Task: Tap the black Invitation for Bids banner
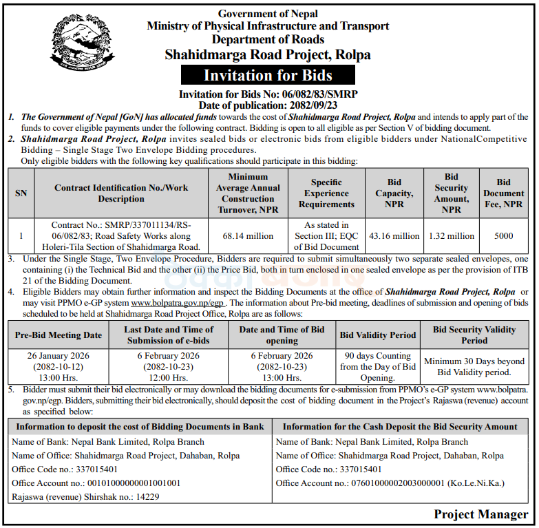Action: (268, 75)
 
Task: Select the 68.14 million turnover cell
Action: (248, 236)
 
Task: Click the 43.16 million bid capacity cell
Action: (394, 236)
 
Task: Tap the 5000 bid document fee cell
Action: (503, 236)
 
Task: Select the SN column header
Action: (21, 193)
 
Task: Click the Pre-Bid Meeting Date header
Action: (58, 335)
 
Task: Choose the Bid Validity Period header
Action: (378, 335)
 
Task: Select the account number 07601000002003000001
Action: (390, 483)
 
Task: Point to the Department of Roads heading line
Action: (268, 39)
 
